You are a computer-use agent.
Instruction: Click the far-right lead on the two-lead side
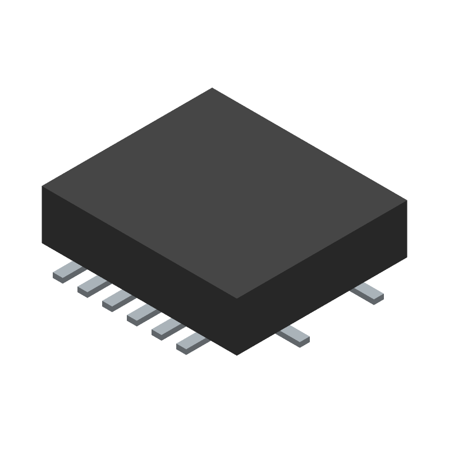[x=367, y=292]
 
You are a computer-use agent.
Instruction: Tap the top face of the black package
[x=224, y=191]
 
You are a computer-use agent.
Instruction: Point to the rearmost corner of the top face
[x=212, y=88]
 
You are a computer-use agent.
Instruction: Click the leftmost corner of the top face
[x=42, y=186]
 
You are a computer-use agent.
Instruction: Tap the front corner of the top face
[x=237, y=298]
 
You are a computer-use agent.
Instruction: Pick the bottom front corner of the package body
[x=237, y=355]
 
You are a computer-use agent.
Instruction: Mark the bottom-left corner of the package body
[x=43, y=242]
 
